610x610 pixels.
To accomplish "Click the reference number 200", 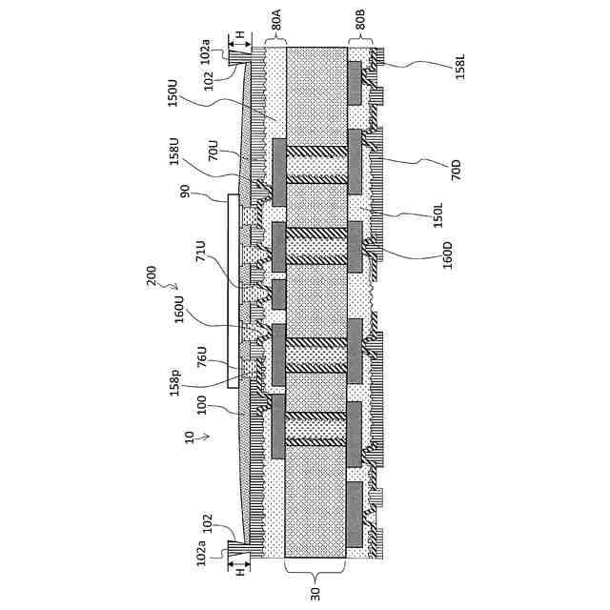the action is pyautogui.click(x=152, y=276).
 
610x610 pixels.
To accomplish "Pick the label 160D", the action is pyautogui.click(x=447, y=255).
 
